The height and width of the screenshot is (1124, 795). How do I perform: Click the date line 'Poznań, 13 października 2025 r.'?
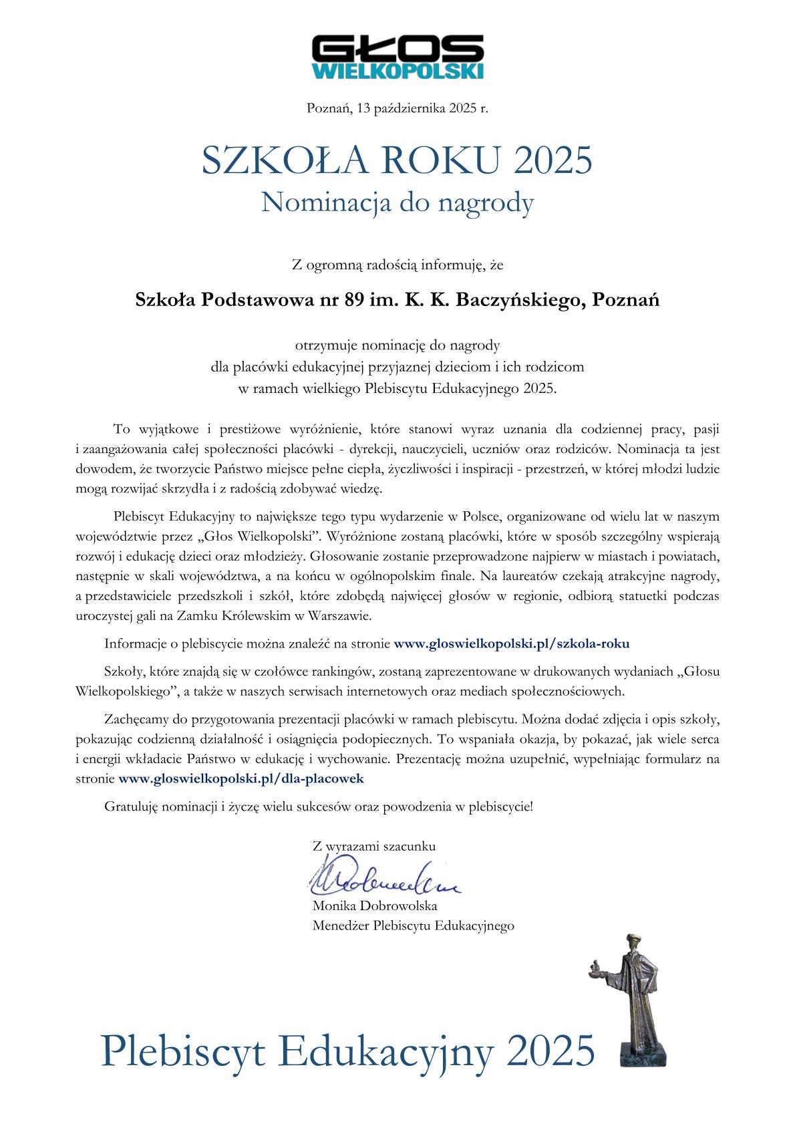[397, 108]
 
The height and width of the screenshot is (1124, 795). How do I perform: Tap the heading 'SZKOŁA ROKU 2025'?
[397, 161]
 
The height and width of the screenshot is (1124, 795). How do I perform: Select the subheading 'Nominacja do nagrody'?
[397, 202]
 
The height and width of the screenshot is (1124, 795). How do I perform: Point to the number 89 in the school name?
[355, 300]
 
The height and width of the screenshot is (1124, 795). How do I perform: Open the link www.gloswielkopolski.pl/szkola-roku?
[512, 644]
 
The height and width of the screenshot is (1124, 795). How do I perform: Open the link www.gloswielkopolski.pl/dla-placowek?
[241, 779]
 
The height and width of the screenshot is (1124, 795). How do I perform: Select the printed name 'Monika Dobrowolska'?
[375, 906]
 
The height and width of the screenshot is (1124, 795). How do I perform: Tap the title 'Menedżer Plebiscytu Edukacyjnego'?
[413, 926]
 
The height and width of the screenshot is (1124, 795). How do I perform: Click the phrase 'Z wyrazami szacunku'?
[374, 846]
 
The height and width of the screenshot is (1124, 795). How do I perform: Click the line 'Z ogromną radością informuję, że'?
[397, 265]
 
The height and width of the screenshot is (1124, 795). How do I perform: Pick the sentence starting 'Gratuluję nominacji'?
[319, 807]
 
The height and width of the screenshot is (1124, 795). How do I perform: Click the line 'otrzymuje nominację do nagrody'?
[397, 345]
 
